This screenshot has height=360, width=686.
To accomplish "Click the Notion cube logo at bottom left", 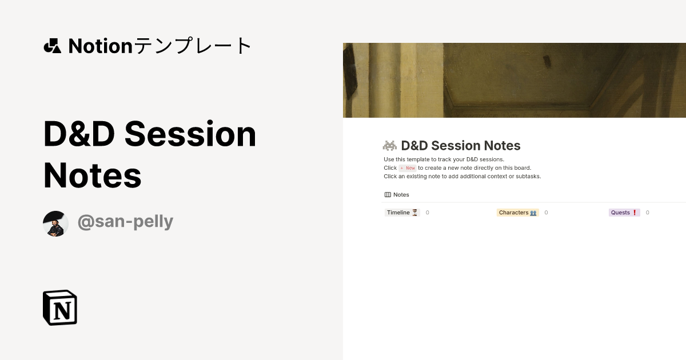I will (60, 307).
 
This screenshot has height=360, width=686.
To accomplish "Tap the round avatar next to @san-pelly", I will (56, 223).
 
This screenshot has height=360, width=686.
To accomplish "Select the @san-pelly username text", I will (125, 221).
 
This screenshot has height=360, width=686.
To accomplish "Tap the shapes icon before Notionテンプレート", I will (52, 46).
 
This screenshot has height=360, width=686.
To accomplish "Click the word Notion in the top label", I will (101, 46).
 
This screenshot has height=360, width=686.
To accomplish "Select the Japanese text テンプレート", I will (193, 46).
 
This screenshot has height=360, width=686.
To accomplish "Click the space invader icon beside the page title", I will (390, 146).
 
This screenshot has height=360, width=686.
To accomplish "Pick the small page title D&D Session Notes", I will (461, 146).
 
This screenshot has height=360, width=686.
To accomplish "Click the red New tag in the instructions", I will (407, 168).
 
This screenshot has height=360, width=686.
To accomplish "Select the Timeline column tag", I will (402, 213).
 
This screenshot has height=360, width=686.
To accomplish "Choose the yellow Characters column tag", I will (517, 213).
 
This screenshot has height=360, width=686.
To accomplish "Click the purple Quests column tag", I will (624, 213).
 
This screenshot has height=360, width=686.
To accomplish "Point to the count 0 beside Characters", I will (546, 213).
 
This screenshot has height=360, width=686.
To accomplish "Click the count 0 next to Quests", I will (648, 213).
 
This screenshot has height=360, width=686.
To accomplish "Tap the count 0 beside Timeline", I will (427, 213).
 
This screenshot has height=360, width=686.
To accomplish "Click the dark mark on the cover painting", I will (547, 60).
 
